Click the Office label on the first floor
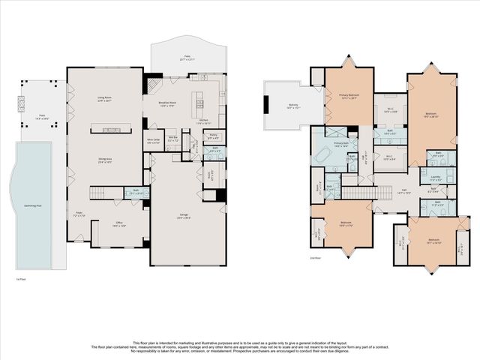click(x=118, y=223)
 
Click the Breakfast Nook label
click(x=166, y=106)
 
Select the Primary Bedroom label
click(x=343, y=97)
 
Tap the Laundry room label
click(x=435, y=178)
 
